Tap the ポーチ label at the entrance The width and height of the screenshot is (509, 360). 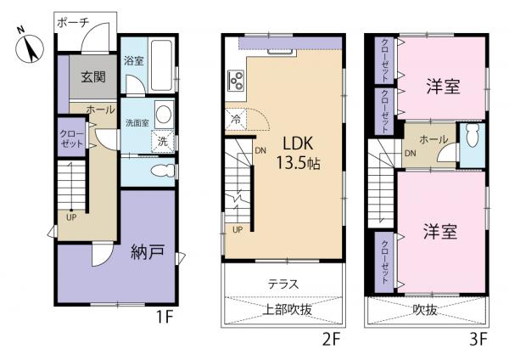(74, 23)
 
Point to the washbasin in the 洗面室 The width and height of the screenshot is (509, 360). (162, 116)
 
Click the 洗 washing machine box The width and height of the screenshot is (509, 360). (161, 142)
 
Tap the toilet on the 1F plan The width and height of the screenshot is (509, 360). (159, 172)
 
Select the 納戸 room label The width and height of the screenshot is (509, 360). (148, 252)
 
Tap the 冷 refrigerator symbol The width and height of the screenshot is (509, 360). (234, 121)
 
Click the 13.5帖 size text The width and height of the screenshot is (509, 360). (296, 162)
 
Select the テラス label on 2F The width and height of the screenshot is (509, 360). (282, 284)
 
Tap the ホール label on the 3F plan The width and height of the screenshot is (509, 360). (433, 139)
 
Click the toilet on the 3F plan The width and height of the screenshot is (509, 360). (472, 138)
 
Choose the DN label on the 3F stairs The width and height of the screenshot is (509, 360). (410, 154)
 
